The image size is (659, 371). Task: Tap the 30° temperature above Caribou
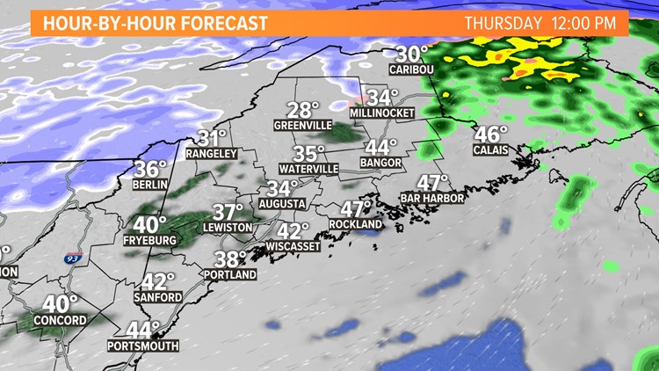point(410,53)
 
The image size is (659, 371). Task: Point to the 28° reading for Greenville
point(303,110)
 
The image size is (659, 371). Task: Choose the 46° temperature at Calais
point(491,134)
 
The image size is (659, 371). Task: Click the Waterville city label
point(308,168)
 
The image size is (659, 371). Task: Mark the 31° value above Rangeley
point(212,138)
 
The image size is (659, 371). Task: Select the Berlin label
point(149,185)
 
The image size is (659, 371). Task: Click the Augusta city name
point(282,204)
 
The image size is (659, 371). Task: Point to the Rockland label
point(356,224)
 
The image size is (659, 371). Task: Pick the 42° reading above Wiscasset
point(293,230)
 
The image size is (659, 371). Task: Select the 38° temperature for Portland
point(232,258)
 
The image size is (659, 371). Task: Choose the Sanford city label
point(161,297)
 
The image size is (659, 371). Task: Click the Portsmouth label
point(143,346)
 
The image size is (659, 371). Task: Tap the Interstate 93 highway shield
point(70,259)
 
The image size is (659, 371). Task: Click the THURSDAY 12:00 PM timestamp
point(540,23)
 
